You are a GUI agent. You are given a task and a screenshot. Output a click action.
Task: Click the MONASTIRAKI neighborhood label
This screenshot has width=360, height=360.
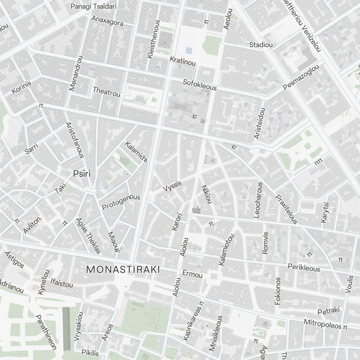(x=123, y=269)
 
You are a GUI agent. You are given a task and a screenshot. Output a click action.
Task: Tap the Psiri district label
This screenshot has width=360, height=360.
(x=82, y=174)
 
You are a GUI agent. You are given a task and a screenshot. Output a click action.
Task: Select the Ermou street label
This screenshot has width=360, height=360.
(x=193, y=274)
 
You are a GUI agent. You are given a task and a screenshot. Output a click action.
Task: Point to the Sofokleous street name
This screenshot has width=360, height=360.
(x=200, y=85)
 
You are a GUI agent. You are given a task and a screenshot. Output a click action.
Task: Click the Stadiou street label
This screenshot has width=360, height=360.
(x=261, y=45)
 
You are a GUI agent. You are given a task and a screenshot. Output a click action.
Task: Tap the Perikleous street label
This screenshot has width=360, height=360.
(x=304, y=267)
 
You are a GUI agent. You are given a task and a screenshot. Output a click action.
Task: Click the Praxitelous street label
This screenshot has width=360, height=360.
(x=287, y=209)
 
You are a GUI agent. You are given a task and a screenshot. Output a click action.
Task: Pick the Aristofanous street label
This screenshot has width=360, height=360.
(x=75, y=140)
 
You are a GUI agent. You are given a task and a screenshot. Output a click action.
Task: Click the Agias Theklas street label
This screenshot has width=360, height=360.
(x=88, y=236)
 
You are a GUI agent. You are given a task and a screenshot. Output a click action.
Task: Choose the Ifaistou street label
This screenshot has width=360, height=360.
(x=62, y=283)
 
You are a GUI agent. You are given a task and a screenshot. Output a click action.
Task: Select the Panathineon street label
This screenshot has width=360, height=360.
(x=46, y=332)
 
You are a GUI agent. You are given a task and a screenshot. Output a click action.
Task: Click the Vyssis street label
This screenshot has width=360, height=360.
(x=172, y=186)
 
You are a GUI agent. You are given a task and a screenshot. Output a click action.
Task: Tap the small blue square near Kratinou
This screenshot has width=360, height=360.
(x=189, y=51)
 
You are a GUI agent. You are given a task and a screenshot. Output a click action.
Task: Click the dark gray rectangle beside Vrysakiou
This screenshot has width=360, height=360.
(x=66, y=328)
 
